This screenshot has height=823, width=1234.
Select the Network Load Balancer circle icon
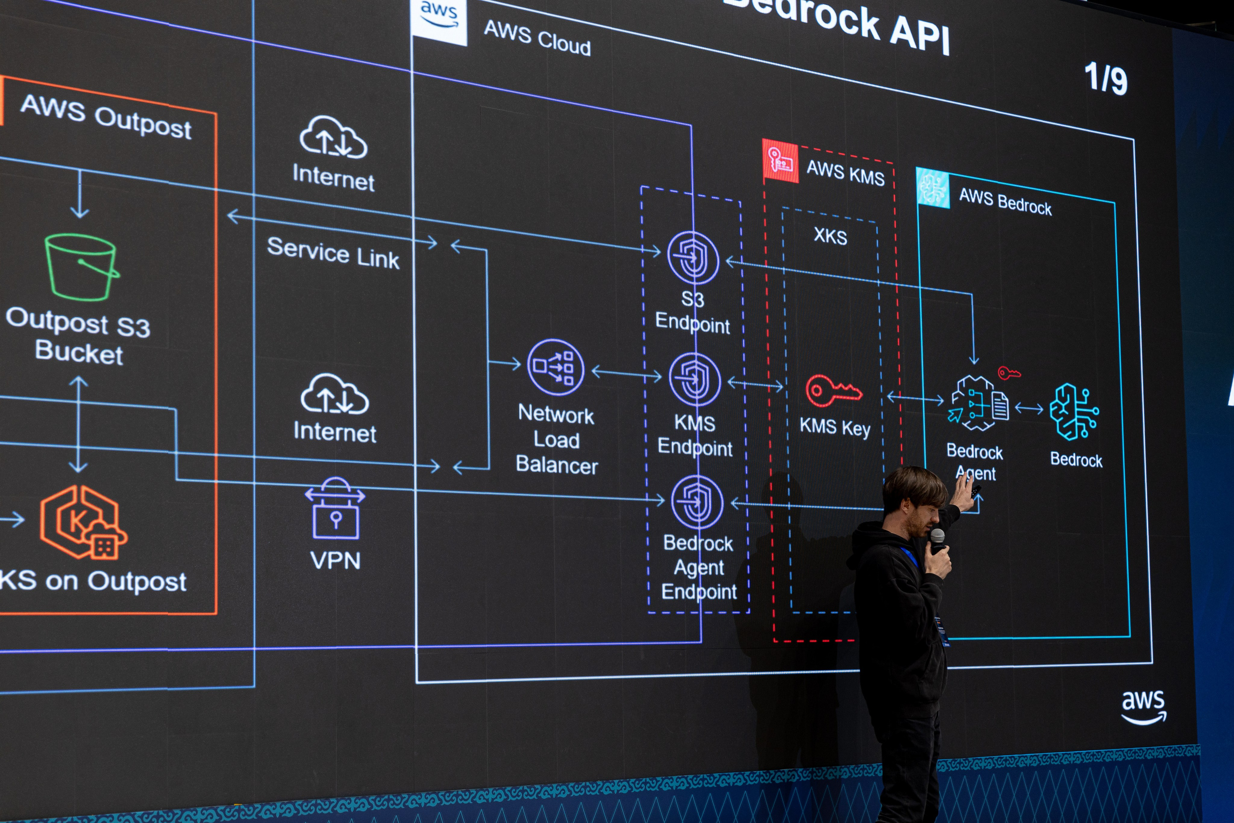[x=556, y=367]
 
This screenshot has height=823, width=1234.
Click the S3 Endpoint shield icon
[x=693, y=257]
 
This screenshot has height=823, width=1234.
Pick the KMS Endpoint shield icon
[x=695, y=379]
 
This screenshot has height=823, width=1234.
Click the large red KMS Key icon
[x=832, y=391]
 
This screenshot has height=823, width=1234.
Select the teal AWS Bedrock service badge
[x=933, y=188]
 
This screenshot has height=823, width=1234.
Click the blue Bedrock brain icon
[x=1073, y=412]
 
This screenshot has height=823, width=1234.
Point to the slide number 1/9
[x=1105, y=79]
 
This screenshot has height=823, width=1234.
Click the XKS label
[x=830, y=236]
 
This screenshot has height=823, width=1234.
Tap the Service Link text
[x=333, y=253]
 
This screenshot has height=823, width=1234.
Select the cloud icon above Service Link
[x=333, y=137]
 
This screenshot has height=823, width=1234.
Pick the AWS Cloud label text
[x=537, y=38]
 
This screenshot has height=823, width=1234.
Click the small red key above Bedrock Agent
[x=1008, y=373]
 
